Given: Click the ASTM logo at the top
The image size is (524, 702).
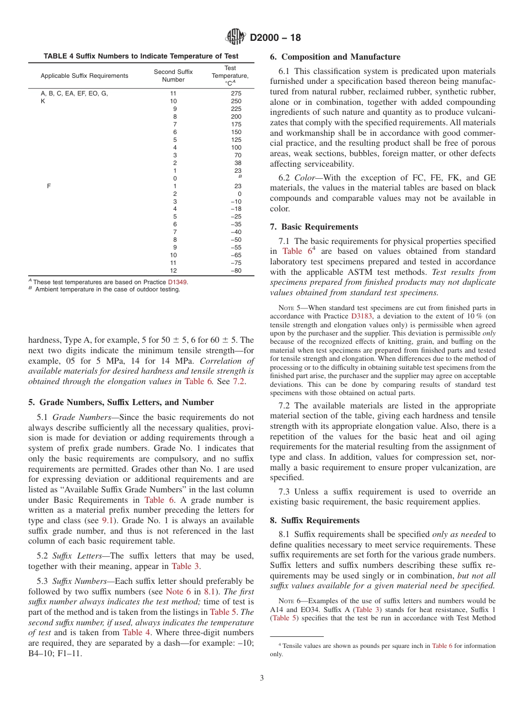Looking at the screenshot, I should [x=236, y=38].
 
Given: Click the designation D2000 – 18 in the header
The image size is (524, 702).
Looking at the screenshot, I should [x=275, y=38].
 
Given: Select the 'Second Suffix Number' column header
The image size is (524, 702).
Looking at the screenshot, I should [x=173, y=76].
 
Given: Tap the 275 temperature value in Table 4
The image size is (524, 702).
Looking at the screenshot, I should [x=236, y=94].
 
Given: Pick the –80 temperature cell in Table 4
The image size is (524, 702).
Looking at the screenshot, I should [x=236, y=271].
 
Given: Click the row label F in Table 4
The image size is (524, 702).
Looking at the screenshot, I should [x=49, y=186].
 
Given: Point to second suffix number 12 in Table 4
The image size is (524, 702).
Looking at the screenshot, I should [x=173, y=271].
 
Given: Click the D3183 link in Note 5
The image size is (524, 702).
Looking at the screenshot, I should [x=361, y=316].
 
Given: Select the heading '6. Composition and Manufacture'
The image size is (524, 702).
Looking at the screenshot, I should [x=335, y=57].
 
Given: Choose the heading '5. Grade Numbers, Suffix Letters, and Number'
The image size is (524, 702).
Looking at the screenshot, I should [x=121, y=402].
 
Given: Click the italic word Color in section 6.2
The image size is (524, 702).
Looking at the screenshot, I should [x=305, y=178].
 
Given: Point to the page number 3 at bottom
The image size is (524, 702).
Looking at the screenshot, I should [x=261, y=678].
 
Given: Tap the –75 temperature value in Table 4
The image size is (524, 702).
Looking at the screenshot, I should [x=236, y=263].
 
